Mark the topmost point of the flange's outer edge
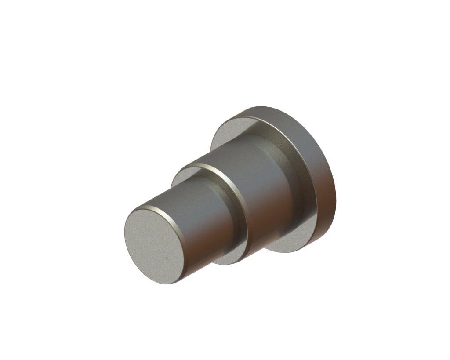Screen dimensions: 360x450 click(x=264, y=106)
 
